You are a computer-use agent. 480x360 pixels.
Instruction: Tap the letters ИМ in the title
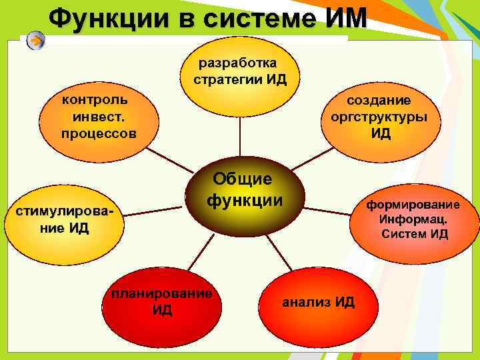tap(345, 18)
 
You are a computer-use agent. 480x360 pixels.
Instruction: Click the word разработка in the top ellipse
tap(238, 63)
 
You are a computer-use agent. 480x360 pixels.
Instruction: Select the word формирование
tap(413, 205)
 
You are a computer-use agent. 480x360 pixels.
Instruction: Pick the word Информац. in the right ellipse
tap(414, 219)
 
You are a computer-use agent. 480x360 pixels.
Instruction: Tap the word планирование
tap(162, 294)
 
